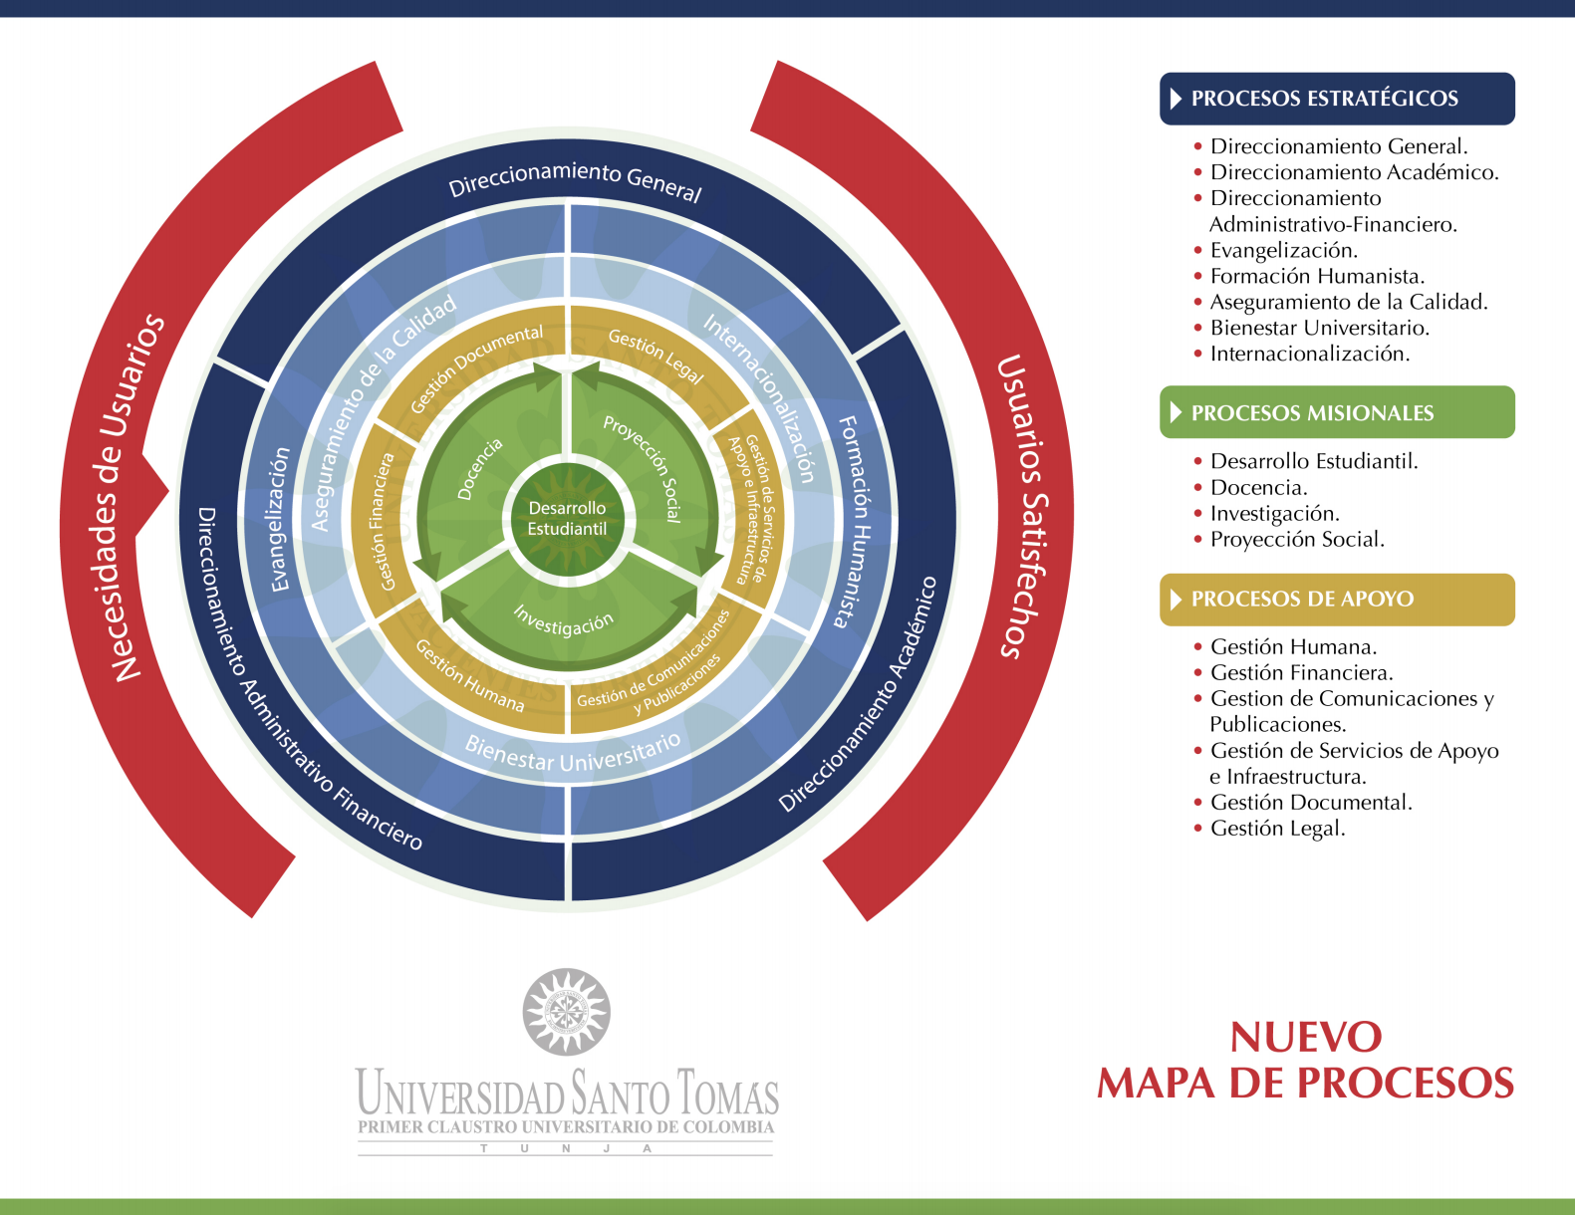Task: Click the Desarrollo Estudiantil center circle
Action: coord(568,519)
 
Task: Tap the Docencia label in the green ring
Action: coord(480,469)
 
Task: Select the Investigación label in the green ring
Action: coord(563,620)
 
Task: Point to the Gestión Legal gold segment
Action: coord(656,355)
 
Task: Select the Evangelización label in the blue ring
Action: coord(280,519)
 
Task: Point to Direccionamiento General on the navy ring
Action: coord(575,179)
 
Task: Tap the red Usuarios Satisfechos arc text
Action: coord(1022,506)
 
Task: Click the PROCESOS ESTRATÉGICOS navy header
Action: coord(1337,99)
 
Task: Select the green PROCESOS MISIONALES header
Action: coord(1337,412)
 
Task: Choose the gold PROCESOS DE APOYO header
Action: coord(1337,600)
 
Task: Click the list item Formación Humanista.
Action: coord(1316,276)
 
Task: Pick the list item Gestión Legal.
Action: coord(1277,829)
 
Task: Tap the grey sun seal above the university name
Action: coord(566,1012)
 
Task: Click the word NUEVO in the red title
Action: coord(1306,1037)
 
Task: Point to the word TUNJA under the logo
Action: coord(566,1148)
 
